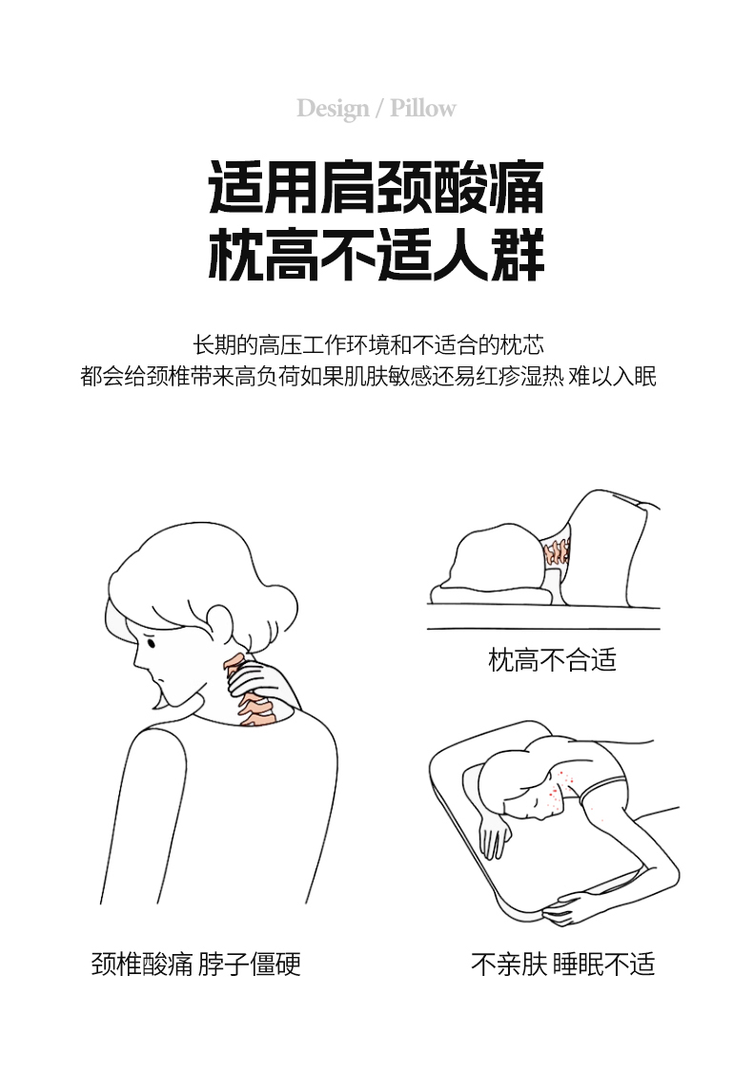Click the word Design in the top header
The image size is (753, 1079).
(x=333, y=109)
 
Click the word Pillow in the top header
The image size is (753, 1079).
(x=423, y=108)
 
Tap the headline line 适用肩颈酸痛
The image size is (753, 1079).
(x=376, y=187)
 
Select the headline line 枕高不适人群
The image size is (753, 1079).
(x=376, y=254)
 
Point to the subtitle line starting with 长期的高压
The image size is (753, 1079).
(x=369, y=344)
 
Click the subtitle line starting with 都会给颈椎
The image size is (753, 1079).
(x=369, y=377)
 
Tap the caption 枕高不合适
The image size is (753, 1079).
(x=552, y=659)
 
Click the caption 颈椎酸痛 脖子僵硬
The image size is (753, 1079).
(x=196, y=964)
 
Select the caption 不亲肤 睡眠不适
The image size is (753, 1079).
(x=562, y=964)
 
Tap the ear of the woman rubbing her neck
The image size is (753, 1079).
(x=219, y=620)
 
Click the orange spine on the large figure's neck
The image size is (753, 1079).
(x=249, y=692)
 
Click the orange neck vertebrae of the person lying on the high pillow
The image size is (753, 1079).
(x=557, y=551)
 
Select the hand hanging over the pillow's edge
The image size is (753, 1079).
(x=495, y=836)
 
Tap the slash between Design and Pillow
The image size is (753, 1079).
(x=379, y=109)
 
